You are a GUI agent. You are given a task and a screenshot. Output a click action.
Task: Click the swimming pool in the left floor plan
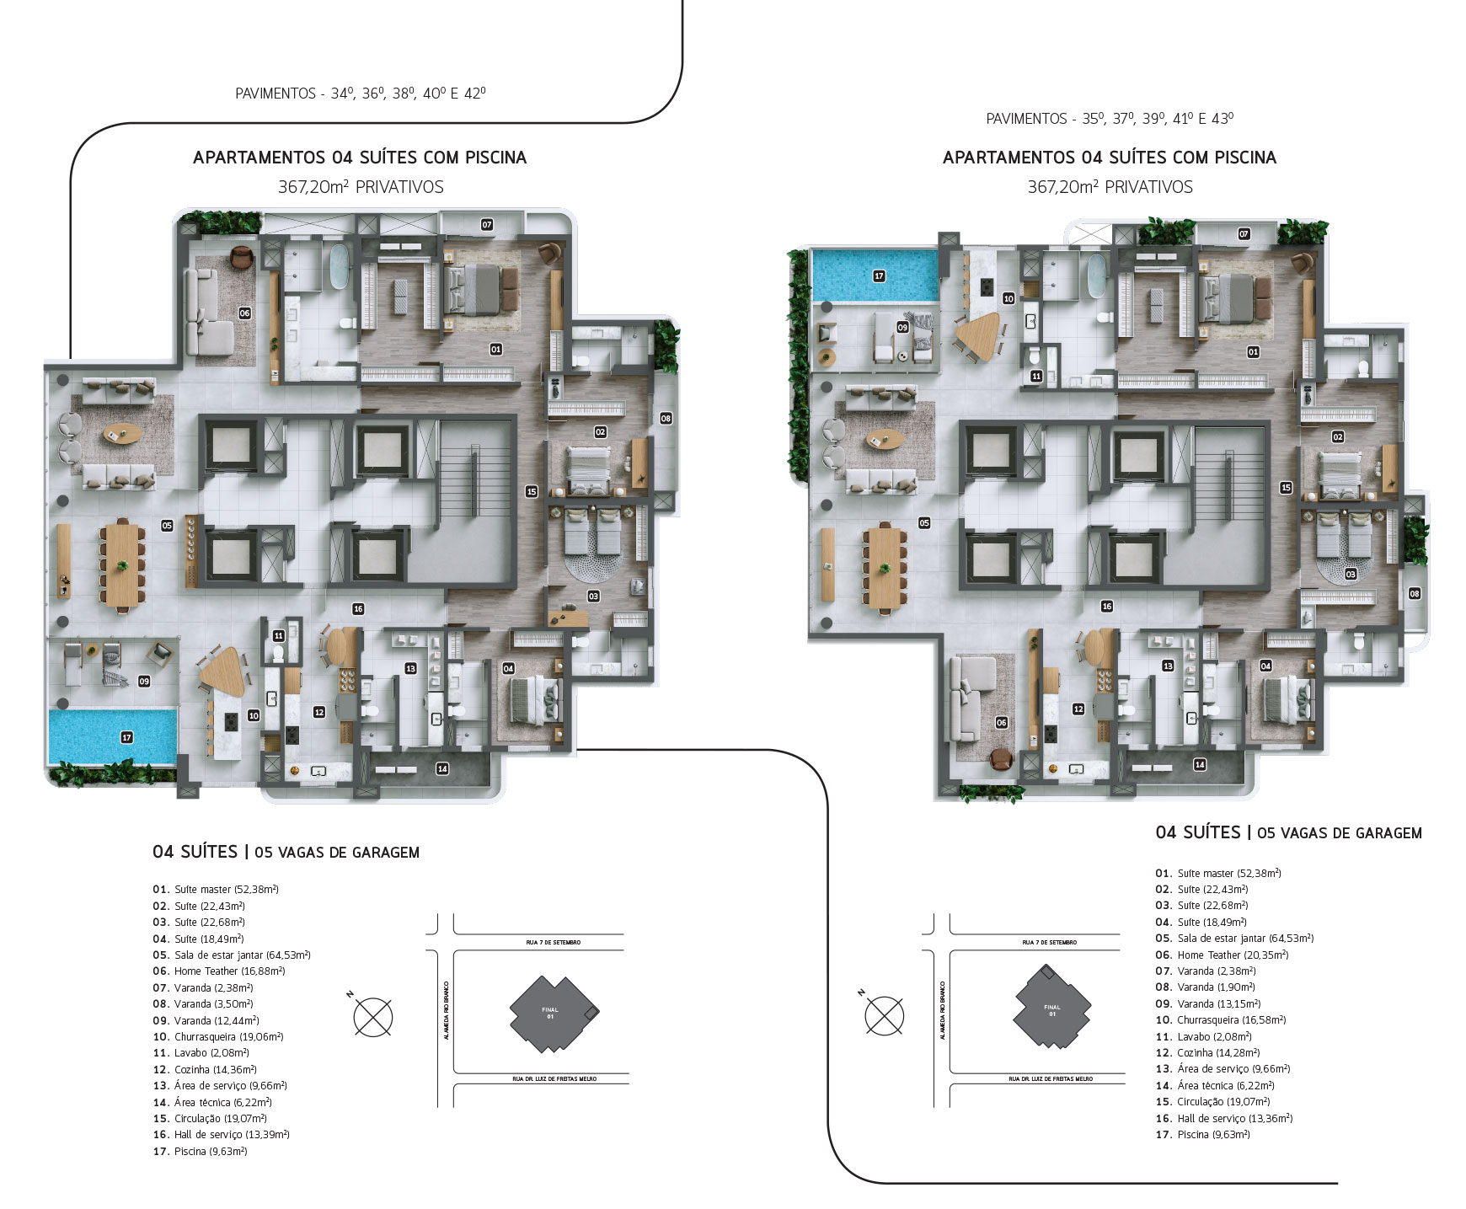point(112,736)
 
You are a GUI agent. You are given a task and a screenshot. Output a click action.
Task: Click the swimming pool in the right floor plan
point(874,275)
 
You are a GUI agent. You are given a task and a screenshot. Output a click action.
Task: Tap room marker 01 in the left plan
point(495,349)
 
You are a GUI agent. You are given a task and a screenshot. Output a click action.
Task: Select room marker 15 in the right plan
point(1286,487)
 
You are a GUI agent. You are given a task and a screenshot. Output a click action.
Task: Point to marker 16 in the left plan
point(358,608)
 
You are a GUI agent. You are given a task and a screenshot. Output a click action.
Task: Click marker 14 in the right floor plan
point(1200,764)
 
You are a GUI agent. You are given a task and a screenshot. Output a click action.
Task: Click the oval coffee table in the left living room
point(122,435)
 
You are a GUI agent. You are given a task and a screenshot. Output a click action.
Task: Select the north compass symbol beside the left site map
point(373,1015)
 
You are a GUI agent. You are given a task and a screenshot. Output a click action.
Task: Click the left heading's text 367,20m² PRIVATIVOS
point(361,186)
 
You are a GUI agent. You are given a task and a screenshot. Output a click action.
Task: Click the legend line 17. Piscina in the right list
point(1202,1134)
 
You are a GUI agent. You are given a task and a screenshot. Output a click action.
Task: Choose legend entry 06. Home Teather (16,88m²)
point(219,971)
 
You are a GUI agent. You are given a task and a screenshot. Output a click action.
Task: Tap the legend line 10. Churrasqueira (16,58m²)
point(1221,1019)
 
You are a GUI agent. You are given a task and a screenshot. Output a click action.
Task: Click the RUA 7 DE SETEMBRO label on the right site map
point(1049,942)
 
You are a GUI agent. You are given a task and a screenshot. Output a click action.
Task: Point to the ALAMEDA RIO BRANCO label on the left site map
point(446,1010)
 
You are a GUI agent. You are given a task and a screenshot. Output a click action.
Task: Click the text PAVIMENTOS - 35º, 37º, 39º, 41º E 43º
point(1110,119)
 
